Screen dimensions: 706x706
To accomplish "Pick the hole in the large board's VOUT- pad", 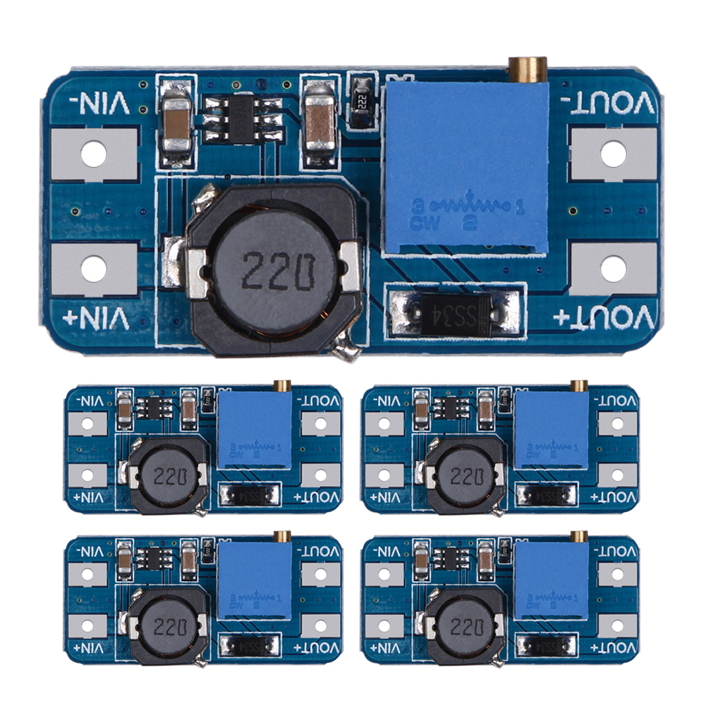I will [613, 151].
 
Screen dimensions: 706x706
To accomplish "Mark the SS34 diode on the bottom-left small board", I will [250, 646].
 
